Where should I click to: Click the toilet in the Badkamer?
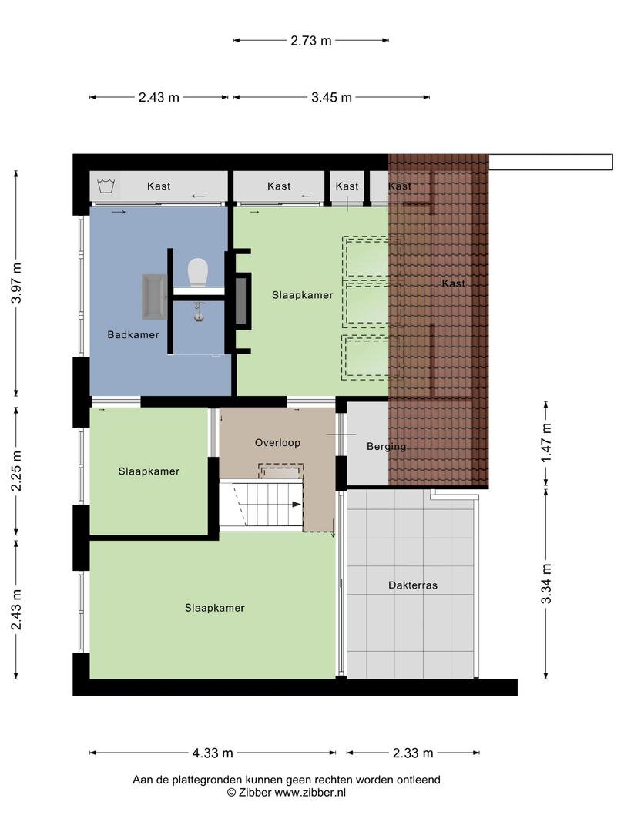(197, 272)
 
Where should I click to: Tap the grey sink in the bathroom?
(154, 297)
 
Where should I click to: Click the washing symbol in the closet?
(106, 186)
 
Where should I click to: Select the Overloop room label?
(277, 442)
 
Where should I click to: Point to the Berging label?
(386, 447)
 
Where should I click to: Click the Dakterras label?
(413, 585)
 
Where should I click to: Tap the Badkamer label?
(133, 335)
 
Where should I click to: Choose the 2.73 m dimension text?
(311, 40)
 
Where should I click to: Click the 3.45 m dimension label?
(331, 97)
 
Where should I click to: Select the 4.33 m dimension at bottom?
(213, 753)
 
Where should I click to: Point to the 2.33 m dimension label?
(413, 753)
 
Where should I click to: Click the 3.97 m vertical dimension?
(16, 283)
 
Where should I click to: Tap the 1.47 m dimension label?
(546, 442)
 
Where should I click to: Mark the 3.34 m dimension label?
(546, 584)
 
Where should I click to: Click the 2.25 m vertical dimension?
(16, 471)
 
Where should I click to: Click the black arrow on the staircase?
(297, 504)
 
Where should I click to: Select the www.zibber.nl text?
(310, 793)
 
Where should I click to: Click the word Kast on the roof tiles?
(453, 283)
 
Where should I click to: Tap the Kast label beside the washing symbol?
(159, 186)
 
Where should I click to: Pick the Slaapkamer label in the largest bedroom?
(215, 608)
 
